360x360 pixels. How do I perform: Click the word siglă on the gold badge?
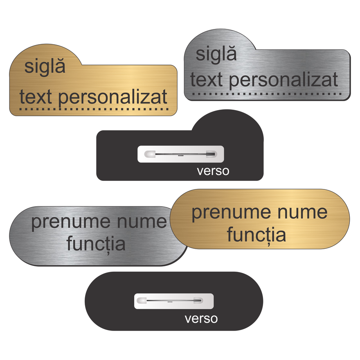[45, 67]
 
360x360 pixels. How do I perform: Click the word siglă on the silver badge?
[216, 54]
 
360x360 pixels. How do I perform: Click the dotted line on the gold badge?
[94, 110]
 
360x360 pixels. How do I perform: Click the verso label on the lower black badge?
[201, 318]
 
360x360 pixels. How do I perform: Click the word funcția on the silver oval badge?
[96, 244]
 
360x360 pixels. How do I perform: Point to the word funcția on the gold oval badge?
[256, 234]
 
